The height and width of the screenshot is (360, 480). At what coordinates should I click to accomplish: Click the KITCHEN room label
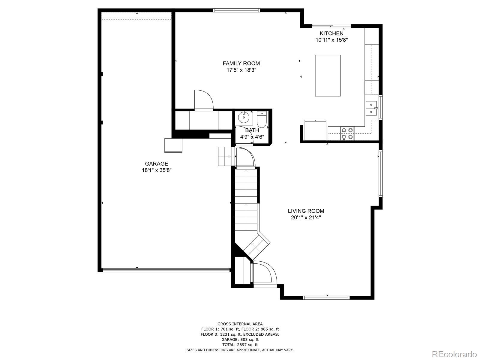331,33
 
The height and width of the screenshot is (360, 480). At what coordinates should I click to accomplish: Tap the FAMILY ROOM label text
241,63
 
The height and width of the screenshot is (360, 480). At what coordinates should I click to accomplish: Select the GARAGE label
156,163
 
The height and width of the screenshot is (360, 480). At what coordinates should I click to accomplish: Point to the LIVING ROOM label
306,211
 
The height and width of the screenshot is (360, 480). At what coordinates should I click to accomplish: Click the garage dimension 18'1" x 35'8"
156,170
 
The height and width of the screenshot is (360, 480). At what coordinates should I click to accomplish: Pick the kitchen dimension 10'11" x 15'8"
331,40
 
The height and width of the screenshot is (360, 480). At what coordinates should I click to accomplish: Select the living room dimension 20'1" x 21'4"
306,217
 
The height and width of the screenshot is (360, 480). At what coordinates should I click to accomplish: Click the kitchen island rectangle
328,76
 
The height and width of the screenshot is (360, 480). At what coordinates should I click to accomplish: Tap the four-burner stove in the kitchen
347,133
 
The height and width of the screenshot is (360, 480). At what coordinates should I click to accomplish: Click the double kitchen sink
371,108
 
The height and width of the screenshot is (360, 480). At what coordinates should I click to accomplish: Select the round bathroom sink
244,117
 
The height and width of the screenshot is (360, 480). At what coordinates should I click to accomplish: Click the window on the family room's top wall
236,10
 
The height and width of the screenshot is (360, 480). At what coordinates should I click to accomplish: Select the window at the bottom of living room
326,298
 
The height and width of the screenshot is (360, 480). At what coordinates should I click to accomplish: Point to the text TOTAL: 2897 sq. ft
240,345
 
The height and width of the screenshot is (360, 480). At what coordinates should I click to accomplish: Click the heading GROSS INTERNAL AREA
240,324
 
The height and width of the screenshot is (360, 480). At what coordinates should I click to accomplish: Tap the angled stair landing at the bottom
256,246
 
